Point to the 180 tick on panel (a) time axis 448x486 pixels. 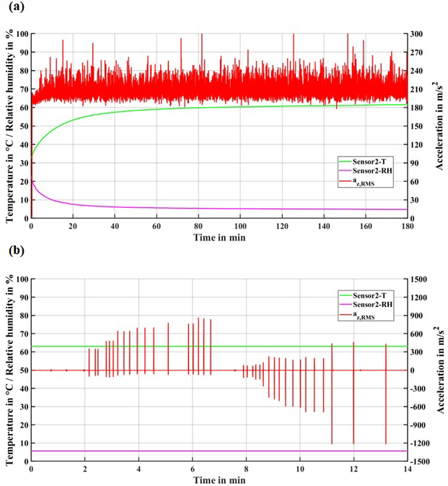click(x=407, y=226)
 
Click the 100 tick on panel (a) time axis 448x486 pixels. click(x=240, y=226)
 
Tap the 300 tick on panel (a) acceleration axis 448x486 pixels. click(x=420, y=34)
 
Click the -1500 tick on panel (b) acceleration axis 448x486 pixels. click(x=425, y=461)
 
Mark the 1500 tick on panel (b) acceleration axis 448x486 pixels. click(x=421, y=279)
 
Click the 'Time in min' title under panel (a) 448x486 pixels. click(x=219, y=237)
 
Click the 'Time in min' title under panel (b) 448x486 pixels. click(x=219, y=480)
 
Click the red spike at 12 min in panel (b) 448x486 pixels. click(x=353, y=404)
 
